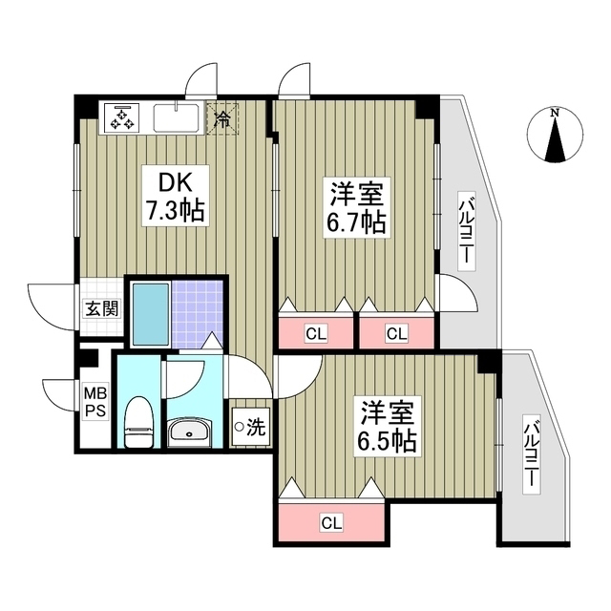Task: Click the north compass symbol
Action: [x=555, y=137]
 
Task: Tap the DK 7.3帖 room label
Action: [x=173, y=196]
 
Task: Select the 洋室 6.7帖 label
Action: [x=358, y=207]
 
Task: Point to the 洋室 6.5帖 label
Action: [x=389, y=428]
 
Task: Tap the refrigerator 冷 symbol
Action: [x=222, y=119]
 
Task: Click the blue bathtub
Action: [x=148, y=312]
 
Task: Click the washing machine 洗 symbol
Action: [x=249, y=427]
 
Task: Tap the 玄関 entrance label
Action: [x=101, y=308]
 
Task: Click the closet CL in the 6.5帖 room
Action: [x=331, y=522]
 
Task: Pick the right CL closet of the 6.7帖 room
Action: [x=396, y=332]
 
